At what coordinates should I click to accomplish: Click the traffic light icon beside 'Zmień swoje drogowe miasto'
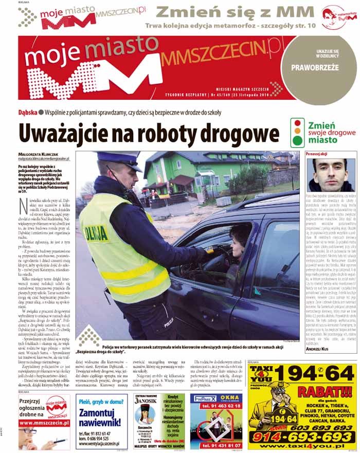pyautogui.click(x=297, y=133)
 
